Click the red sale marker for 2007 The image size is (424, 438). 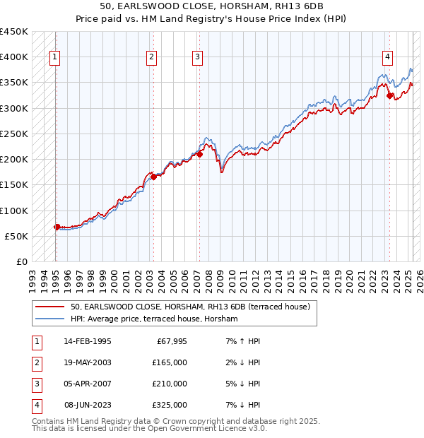point(200,154)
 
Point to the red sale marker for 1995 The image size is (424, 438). point(57,227)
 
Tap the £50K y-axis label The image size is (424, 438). point(16,236)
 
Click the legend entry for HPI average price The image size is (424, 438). point(154,319)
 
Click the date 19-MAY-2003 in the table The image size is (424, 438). point(87,363)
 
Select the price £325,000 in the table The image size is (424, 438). point(169,406)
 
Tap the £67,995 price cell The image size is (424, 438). point(171,342)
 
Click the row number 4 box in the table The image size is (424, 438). point(35,406)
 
